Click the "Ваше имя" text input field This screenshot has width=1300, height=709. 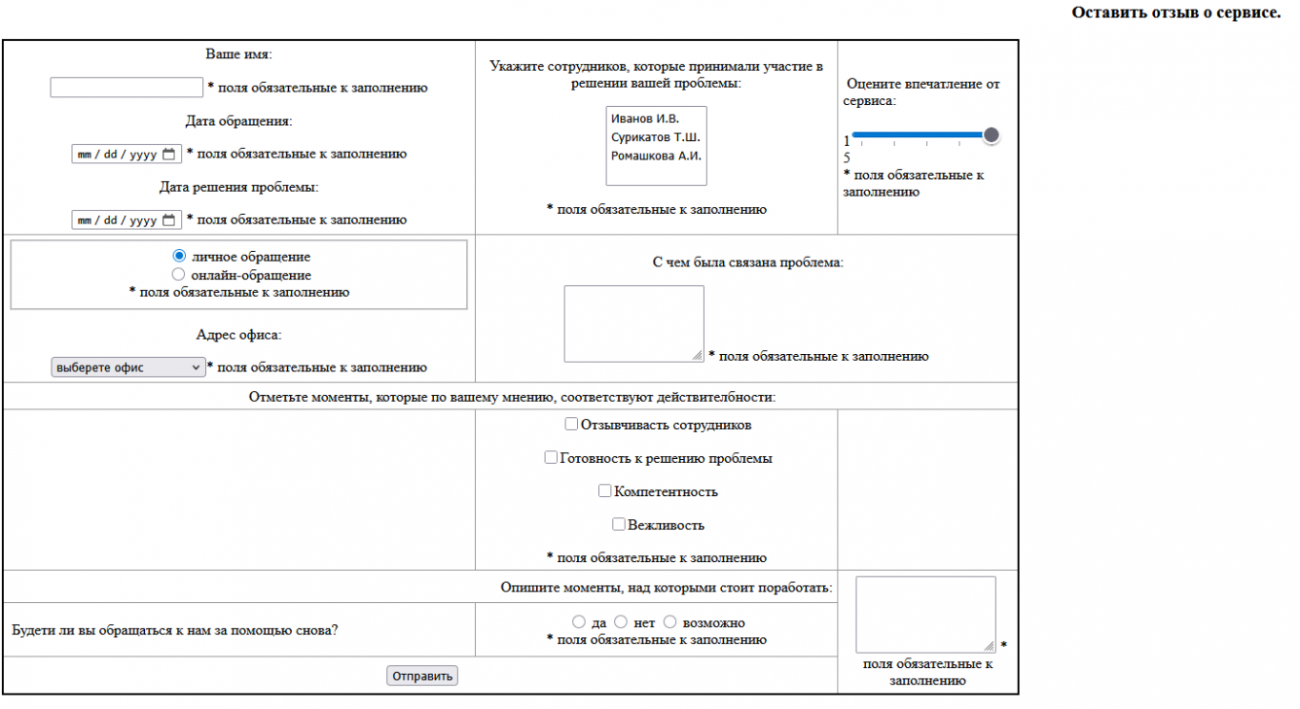tap(126, 88)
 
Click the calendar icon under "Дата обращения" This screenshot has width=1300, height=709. tap(169, 154)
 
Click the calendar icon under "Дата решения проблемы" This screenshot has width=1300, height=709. tap(169, 220)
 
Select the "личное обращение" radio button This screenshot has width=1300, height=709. tap(178, 257)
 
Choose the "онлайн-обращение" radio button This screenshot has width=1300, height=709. tap(178, 275)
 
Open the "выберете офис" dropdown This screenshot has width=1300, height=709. tap(127, 368)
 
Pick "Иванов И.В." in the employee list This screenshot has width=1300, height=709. tap(645, 119)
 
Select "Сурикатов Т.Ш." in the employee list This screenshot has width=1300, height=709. tap(655, 137)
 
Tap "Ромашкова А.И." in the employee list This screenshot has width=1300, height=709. tap(656, 156)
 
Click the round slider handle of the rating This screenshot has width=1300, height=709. tap(991, 135)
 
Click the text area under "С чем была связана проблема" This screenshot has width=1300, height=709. tap(633, 324)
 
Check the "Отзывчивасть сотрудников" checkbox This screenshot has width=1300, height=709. tap(571, 425)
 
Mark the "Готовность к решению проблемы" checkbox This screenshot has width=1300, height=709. tap(552, 458)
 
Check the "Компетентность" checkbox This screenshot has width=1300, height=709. tap(605, 491)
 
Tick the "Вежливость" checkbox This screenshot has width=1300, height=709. tap(619, 524)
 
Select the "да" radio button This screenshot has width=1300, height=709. tap(579, 622)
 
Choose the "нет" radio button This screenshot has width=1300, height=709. tap(621, 622)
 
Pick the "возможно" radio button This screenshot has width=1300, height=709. tap(669, 622)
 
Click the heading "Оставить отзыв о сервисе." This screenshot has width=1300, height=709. tap(1175, 13)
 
